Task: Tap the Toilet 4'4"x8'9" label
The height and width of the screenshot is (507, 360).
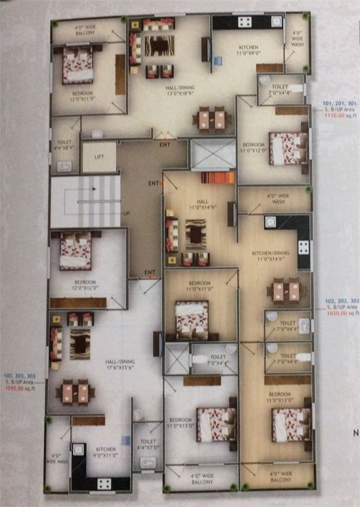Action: point(64,145)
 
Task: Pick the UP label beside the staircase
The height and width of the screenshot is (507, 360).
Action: point(126,213)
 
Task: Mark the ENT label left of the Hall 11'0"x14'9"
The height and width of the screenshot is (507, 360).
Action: point(153,184)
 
